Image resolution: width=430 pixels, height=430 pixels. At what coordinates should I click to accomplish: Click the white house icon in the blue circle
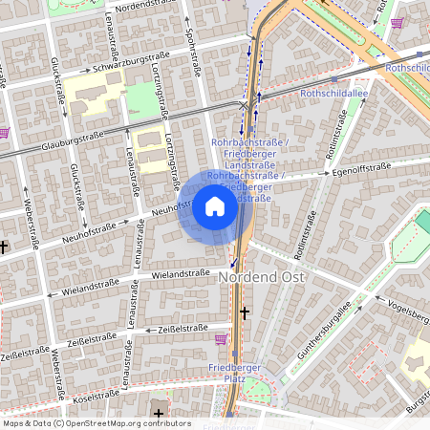(215, 206)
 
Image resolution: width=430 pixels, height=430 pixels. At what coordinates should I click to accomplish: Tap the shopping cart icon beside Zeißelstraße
(222, 338)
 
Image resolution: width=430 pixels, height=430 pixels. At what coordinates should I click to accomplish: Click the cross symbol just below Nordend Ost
(245, 312)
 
